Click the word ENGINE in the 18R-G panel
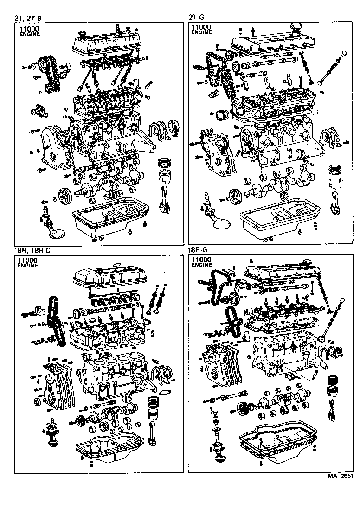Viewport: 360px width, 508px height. click(x=201, y=265)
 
